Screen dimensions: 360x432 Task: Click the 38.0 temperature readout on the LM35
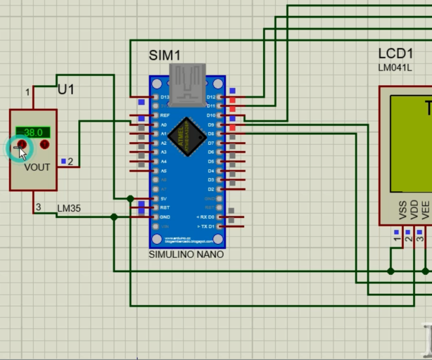click(x=33, y=132)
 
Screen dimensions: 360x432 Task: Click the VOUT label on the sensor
click(x=37, y=167)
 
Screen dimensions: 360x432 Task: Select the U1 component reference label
click(x=65, y=90)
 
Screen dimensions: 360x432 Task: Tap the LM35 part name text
click(x=69, y=209)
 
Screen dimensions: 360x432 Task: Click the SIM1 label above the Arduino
click(x=165, y=56)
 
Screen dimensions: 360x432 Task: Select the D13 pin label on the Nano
click(x=165, y=96)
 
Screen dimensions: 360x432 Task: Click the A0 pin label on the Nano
click(x=164, y=124)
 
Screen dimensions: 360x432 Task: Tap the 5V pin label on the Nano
click(x=164, y=199)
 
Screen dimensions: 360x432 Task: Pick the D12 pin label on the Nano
click(x=210, y=96)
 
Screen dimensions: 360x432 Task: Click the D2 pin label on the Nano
click(x=210, y=189)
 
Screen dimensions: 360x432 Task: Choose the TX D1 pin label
click(x=208, y=226)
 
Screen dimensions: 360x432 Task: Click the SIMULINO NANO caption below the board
click(x=186, y=255)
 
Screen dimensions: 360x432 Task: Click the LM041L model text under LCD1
click(x=395, y=67)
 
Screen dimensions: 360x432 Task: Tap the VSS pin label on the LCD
click(x=402, y=210)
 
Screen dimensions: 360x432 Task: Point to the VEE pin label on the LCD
click(x=425, y=210)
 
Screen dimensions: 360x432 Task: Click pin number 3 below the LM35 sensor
click(x=38, y=207)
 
